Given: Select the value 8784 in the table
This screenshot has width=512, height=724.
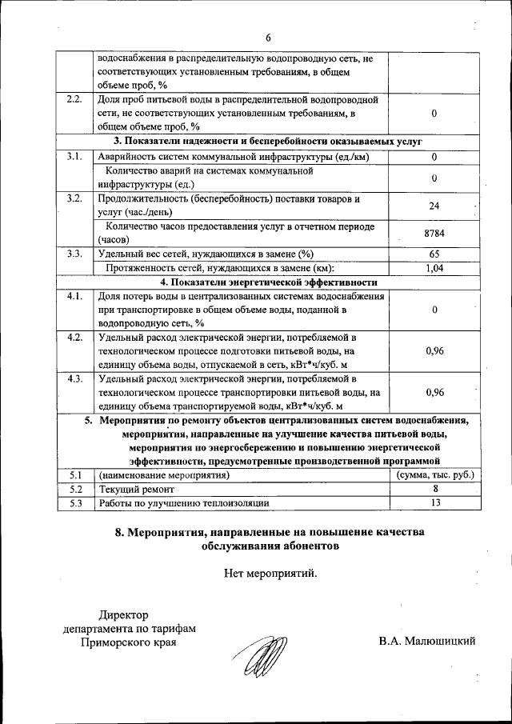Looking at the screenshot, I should pos(434,233).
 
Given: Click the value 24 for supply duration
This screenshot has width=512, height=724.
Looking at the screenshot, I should pos(434,206).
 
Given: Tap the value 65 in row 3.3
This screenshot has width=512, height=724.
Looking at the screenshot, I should pos(434,254).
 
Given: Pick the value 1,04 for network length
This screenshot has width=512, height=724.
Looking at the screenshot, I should pos(434,268).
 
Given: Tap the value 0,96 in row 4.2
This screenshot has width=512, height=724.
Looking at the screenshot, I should pos(434,350).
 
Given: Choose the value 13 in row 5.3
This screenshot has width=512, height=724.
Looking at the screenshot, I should pos(434,502).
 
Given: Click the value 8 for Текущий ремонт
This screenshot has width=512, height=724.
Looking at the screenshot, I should pos(434,488).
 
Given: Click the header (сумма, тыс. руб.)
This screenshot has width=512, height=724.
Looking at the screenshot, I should pos(435,474).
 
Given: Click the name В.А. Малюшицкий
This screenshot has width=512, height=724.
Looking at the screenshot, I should pos(428,642).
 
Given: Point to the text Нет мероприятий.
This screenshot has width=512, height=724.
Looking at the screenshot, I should pos(270,572).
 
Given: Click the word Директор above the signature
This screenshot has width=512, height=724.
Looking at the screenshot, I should pos(123,614).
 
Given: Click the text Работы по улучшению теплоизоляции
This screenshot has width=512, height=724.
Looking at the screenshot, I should pos(183,502).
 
